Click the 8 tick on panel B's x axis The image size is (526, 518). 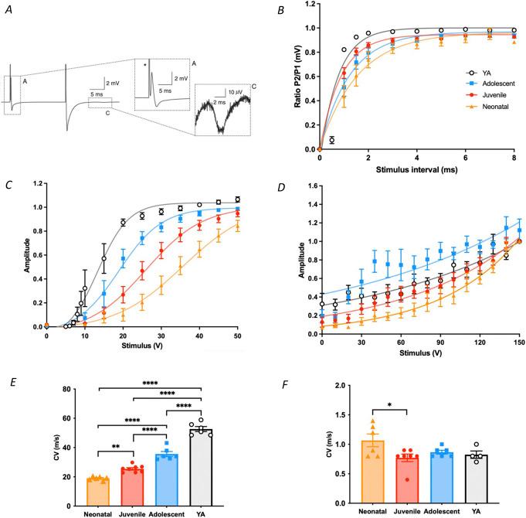[514, 159]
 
